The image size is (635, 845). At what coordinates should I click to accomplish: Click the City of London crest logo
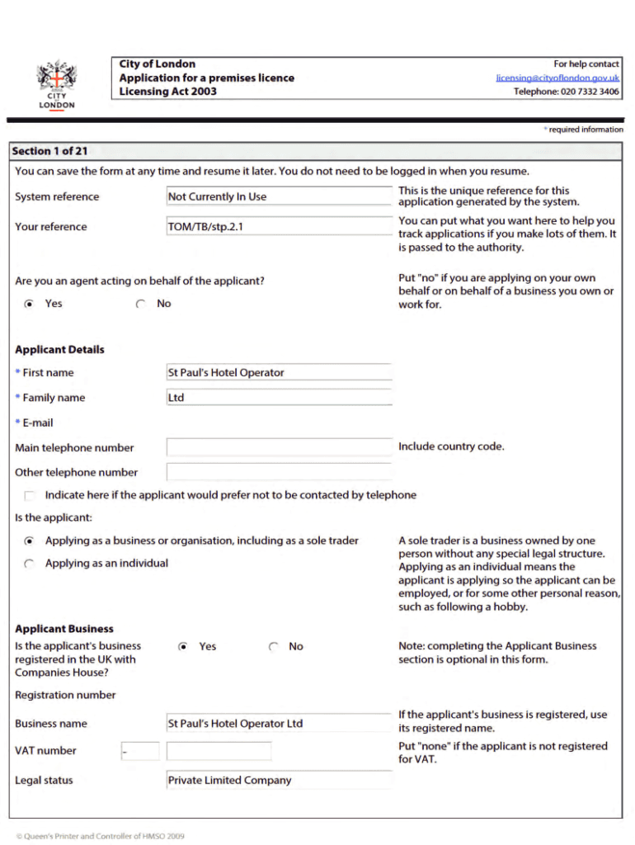pos(56,83)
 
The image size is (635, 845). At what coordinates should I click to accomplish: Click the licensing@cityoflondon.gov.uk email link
pos(557,78)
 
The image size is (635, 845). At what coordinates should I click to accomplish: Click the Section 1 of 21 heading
pos(50,151)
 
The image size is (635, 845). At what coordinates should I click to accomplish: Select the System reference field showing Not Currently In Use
pos(279,196)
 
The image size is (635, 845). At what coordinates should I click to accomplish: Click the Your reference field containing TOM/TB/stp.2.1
pos(279,227)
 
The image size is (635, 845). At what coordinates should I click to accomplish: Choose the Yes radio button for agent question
pos(30,304)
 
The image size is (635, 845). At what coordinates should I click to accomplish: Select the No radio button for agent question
pos(141,304)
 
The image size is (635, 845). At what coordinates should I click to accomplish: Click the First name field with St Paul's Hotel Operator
pos(279,373)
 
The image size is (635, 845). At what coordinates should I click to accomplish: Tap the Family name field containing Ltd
pos(279,398)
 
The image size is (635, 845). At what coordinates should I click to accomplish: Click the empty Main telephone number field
pos(279,447)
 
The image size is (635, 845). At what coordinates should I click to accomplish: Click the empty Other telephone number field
pos(279,472)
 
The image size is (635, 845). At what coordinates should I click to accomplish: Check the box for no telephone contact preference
pos(31,496)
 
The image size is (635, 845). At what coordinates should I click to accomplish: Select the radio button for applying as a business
pos(30,541)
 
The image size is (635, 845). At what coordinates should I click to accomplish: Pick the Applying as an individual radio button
pos(30,564)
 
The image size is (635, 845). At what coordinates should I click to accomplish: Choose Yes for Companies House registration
pos(183,647)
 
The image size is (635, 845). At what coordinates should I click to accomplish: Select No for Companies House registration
pos(274,647)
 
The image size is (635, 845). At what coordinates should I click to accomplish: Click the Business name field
pos(279,724)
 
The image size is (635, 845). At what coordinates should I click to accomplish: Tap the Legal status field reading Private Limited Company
pos(279,781)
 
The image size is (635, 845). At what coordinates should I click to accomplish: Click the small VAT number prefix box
pos(139,751)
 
